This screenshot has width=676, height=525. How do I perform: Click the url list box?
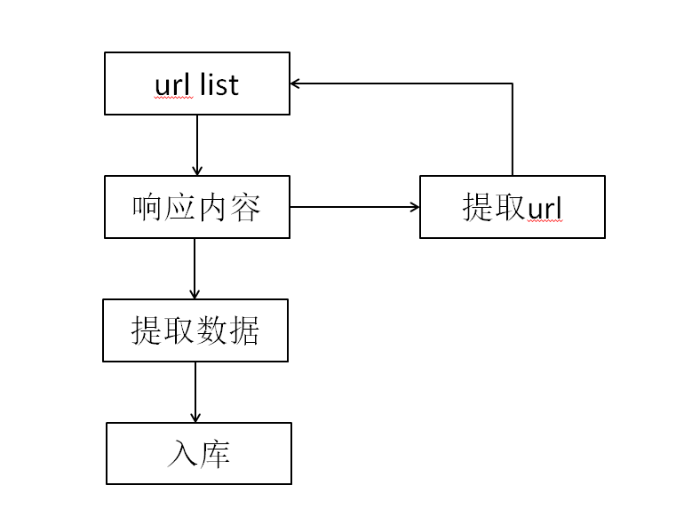tap(196, 84)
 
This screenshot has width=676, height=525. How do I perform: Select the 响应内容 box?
tap(196, 207)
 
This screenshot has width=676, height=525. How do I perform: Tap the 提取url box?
tap(512, 207)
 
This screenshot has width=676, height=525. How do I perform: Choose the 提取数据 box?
tap(195, 330)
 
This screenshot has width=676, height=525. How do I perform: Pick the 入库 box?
tap(198, 453)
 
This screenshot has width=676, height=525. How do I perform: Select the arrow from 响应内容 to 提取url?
tap(354, 207)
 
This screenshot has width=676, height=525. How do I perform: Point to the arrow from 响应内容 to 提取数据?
tap(195, 268)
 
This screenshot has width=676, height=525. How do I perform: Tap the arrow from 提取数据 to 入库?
tap(195, 392)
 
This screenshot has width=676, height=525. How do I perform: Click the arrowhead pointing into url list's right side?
tap(296, 84)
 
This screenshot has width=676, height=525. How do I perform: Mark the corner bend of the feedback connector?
tap(513, 84)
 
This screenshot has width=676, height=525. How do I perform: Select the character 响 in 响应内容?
tap(147, 207)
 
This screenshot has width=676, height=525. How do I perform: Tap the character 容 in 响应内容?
tap(245, 207)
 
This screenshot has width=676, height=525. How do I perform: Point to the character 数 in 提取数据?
tap(211, 330)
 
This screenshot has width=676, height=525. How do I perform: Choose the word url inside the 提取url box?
tap(545, 209)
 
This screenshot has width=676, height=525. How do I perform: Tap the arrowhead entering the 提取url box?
tap(414, 207)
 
